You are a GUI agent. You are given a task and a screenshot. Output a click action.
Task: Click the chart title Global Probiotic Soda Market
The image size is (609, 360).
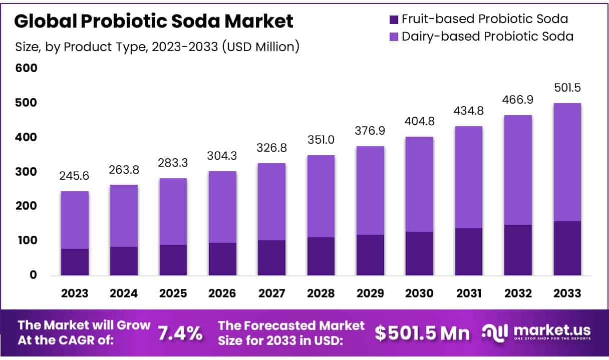tap(154, 21)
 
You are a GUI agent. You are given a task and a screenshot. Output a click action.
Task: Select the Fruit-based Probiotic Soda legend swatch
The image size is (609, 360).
tap(393, 20)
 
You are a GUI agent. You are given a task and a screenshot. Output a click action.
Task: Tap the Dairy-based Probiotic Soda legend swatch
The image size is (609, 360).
tap(393, 37)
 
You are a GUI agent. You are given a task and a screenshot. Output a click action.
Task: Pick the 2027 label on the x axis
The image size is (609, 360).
tap(272, 293)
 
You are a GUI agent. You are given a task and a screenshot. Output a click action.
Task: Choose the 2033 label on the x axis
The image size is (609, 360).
tap(567, 293)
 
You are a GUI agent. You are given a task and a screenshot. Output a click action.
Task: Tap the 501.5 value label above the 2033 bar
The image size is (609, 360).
tap(567, 88)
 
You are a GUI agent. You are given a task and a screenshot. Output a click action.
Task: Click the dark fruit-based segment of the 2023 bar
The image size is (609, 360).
tap(75, 262)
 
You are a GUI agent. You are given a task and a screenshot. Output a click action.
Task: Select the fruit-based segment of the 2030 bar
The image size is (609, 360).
tap(420, 253)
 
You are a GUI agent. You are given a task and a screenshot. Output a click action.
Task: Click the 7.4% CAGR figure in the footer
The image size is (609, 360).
tap(181, 333)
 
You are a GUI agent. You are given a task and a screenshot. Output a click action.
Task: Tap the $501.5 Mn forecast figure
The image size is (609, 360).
tap(423, 333)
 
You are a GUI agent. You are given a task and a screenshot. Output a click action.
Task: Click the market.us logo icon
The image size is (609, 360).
tap(494, 332)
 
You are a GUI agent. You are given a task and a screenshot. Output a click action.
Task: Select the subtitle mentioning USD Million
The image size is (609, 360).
tap(157, 47)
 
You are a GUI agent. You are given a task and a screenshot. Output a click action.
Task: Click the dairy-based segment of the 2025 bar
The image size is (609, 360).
tap(173, 211)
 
